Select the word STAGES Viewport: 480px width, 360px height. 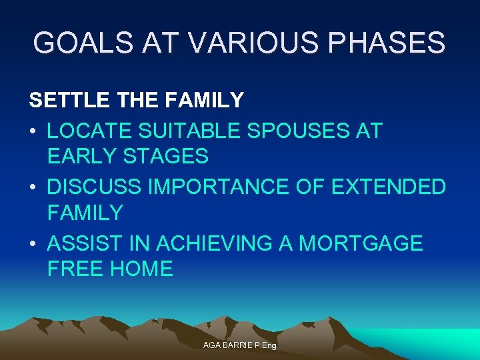[167, 157]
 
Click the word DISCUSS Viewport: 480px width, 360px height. [95, 187]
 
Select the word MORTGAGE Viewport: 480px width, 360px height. [361, 243]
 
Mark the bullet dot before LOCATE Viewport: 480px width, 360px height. [33, 131]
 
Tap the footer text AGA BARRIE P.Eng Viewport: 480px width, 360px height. [240, 345]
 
